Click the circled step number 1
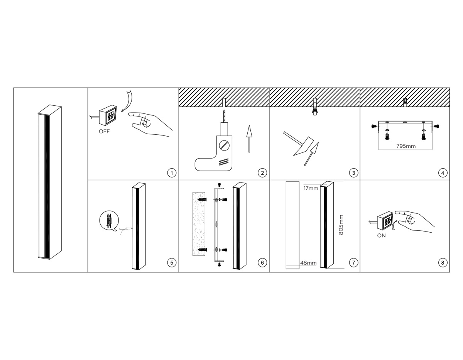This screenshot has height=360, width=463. (172, 173)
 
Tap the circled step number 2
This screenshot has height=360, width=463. (262, 173)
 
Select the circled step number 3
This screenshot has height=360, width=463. (353, 173)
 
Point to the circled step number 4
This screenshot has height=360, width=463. (443, 173)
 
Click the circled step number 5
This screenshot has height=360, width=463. (172, 263)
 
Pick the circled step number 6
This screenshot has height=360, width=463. (262, 263)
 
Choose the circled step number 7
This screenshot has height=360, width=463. (353, 263)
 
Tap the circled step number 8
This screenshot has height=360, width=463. (443, 263)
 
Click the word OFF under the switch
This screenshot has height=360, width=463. (104, 132)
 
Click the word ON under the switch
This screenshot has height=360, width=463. (381, 236)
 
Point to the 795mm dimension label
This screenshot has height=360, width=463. (406, 146)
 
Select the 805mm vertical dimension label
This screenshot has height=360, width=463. (341, 225)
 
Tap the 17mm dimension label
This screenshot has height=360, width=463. (311, 188)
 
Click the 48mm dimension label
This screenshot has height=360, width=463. (308, 263)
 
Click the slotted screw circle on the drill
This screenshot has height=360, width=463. (224, 145)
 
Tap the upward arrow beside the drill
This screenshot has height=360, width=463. (249, 139)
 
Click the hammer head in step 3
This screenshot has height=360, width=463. (303, 146)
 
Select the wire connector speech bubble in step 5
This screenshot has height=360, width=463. (109, 221)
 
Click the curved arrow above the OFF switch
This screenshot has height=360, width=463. (127, 101)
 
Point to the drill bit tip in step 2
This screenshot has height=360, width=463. (224, 110)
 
